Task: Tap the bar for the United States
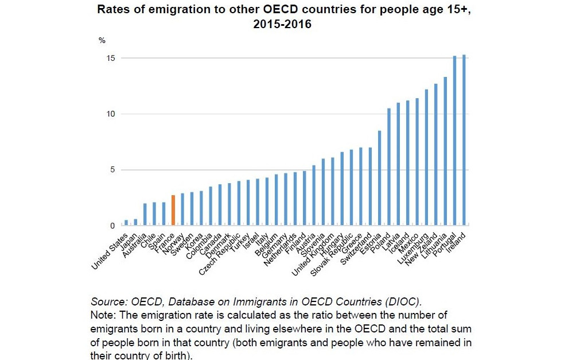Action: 126,222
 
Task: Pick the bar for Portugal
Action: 454,140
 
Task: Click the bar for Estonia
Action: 379,177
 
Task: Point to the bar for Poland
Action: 389,167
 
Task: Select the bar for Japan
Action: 135,222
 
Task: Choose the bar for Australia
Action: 145,214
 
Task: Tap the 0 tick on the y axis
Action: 112,226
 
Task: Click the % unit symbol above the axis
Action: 102,41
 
